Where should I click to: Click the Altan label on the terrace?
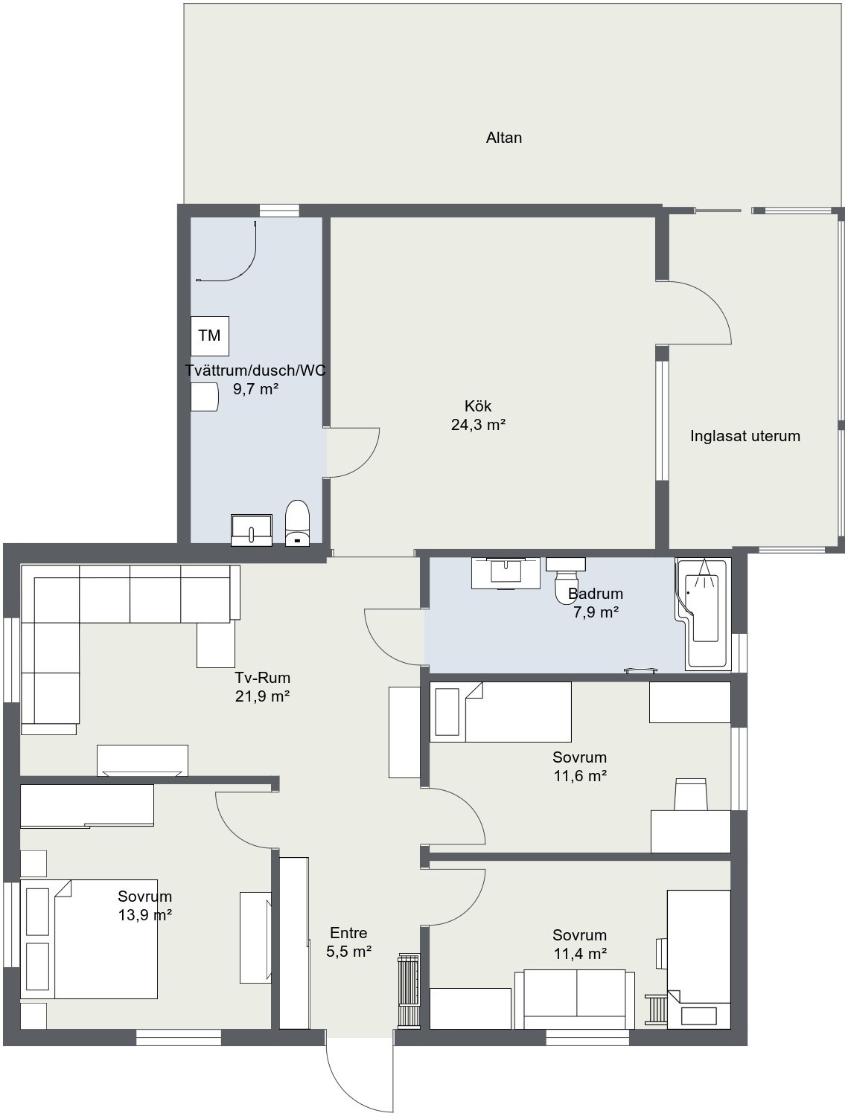pos(503,138)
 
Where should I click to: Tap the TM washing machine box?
pos(210,336)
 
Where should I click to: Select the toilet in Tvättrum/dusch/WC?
pos(298,523)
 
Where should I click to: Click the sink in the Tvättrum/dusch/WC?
pos(252,530)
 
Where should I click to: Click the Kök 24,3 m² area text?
pos(478,415)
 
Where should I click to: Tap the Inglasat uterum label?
pos(745,436)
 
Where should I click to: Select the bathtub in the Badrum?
pos(703,614)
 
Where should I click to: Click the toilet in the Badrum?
pos(567,580)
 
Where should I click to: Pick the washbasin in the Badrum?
pos(506,573)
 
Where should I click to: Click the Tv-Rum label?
pos(263,677)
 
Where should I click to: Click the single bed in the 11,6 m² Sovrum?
pos(500,712)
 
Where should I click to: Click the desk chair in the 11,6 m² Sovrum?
pos(690,794)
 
